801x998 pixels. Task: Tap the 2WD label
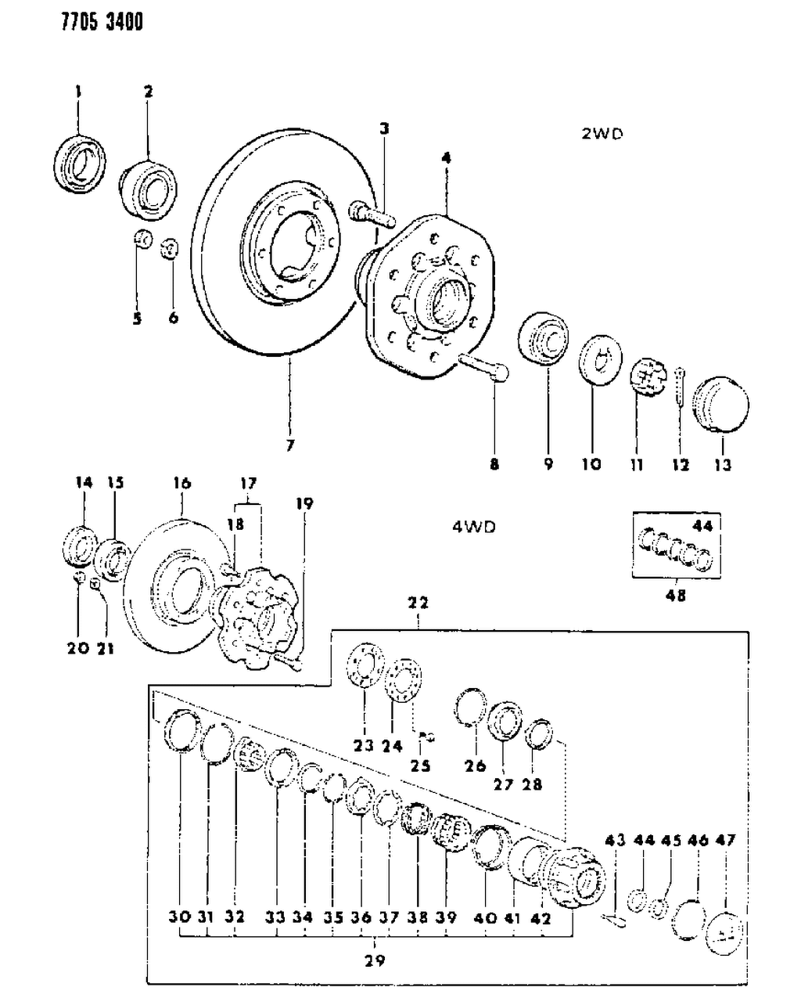602,134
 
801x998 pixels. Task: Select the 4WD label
473,527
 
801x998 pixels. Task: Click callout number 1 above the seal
77,92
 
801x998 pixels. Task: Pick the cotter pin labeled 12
681,391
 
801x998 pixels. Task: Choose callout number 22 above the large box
418,603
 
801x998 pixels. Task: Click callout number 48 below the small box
675,596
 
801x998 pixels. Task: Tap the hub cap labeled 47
726,929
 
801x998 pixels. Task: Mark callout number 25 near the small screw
420,766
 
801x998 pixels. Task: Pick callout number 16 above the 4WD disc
181,483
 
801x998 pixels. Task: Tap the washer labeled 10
598,362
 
